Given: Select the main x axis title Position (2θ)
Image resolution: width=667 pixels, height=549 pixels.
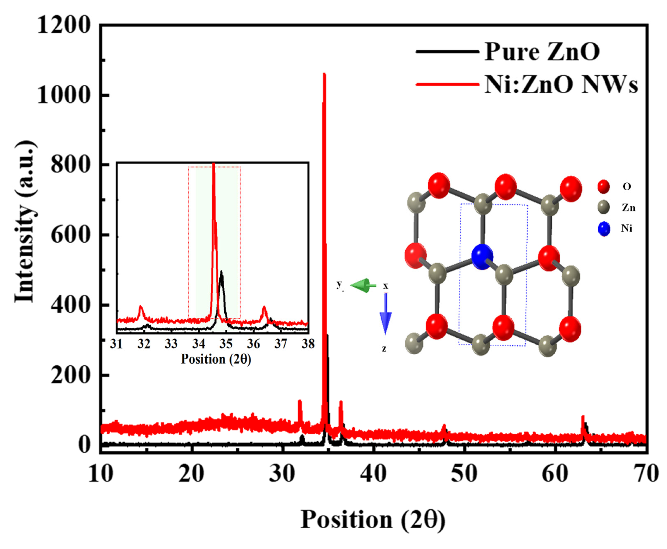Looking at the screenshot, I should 373,520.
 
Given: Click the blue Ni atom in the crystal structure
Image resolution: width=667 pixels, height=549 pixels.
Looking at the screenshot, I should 482,256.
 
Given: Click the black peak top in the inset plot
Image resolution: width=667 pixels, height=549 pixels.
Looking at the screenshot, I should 221,272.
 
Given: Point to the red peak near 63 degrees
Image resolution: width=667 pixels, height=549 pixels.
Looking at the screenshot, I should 583,417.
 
